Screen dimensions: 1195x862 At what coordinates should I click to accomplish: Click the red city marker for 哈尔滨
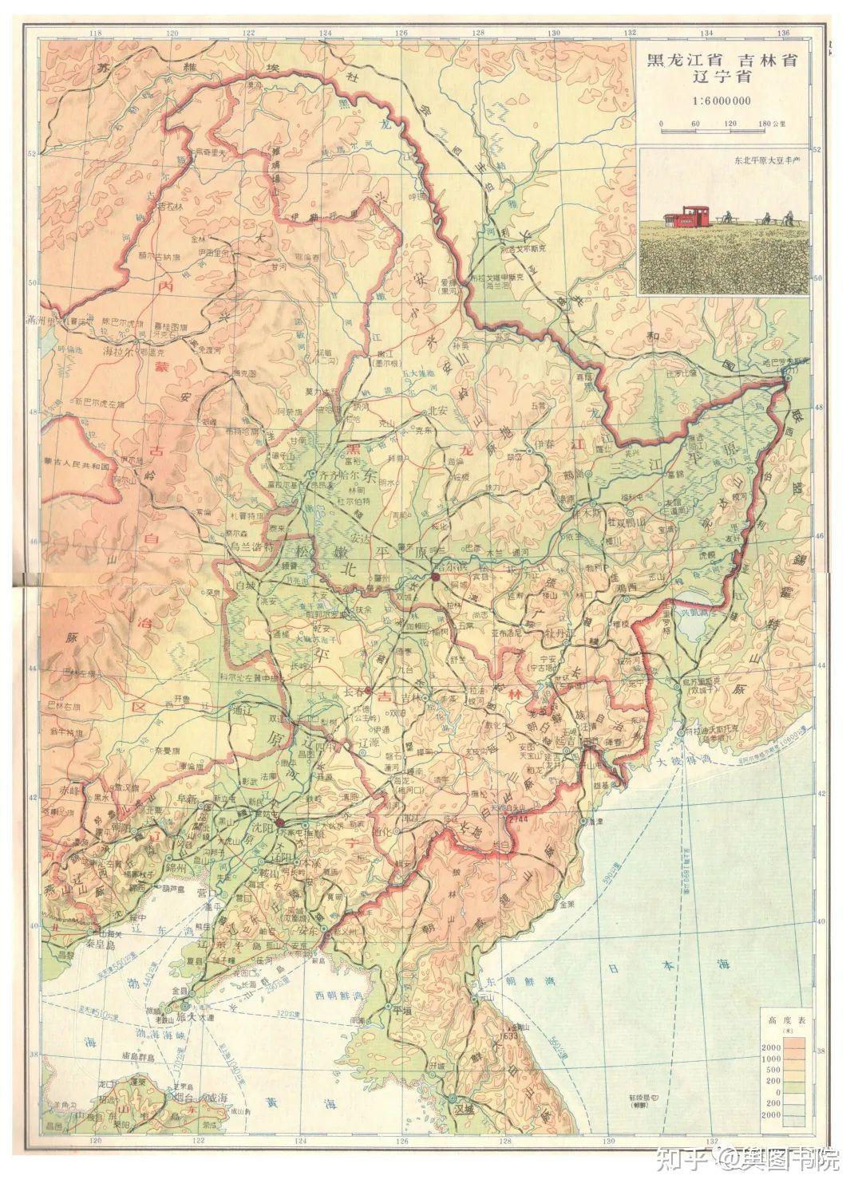pos(436,575)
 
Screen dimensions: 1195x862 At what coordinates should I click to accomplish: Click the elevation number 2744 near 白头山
pos(517,820)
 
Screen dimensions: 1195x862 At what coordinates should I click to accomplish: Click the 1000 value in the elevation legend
pos(773,1058)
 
